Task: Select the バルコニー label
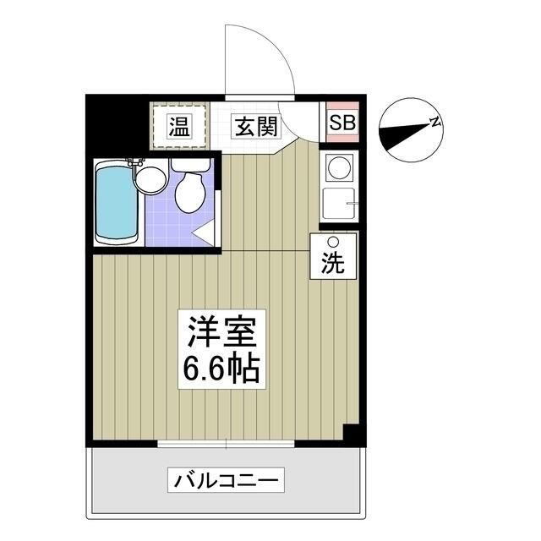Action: coord(226,481)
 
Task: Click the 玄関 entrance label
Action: coord(255,127)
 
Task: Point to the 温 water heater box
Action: coord(178,128)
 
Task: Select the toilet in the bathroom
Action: coord(189,189)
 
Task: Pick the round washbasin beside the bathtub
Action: coord(150,178)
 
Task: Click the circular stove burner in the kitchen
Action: coord(339,167)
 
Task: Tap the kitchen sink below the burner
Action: coord(338,203)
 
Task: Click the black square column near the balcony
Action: coord(352,433)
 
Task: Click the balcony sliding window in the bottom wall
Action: coord(227,443)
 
